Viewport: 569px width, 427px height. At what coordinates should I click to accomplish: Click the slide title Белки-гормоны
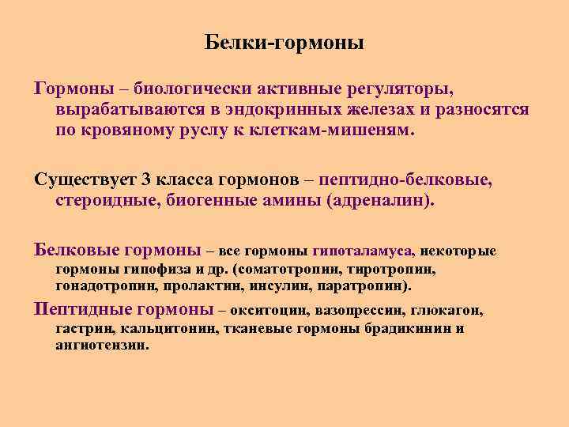tap(284, 42)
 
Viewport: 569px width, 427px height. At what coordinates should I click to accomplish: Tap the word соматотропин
tap(298, 268)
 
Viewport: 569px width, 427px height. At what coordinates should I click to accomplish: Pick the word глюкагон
tap(449, 310)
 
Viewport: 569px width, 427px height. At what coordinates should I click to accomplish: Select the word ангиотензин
tap(101, 346)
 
